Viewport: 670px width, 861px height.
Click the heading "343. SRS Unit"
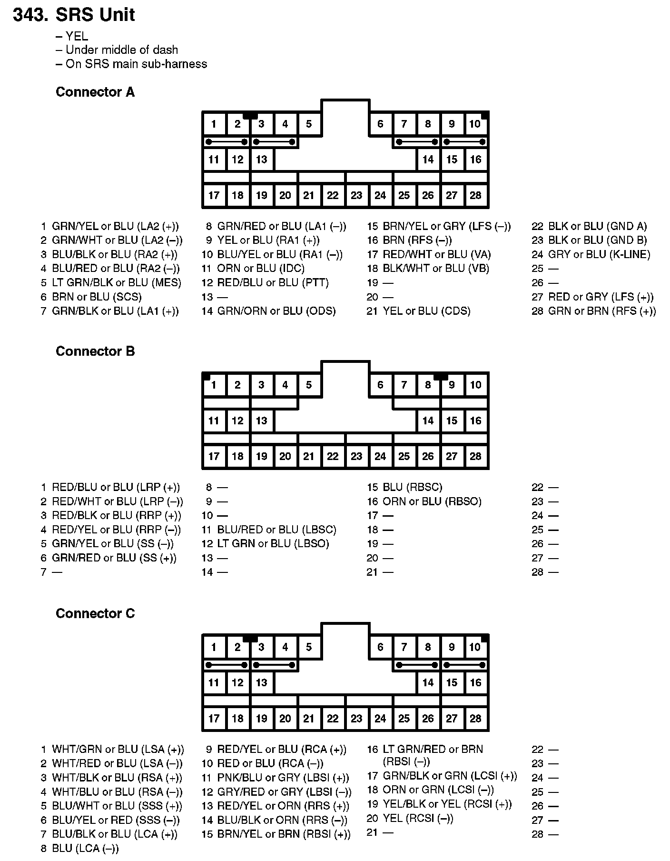tap(74, 15)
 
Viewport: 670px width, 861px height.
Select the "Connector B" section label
tap(95, 351)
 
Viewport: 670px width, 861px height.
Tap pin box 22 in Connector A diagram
tap(333, 195)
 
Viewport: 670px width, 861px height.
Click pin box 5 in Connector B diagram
tap(309, 385)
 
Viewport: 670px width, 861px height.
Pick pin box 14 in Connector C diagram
tap(428, 682)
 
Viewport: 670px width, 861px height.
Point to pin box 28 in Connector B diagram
tap(475, 456)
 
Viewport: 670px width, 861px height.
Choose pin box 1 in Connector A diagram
tap(214, 124)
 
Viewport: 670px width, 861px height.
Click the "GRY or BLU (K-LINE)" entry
tap(599, 254)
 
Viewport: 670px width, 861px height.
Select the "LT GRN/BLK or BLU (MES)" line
tap(117, 282)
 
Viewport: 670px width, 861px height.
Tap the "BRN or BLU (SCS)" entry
tap(97, 297)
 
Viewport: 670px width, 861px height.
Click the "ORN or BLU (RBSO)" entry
tap(432, 501)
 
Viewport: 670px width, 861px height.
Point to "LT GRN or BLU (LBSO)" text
tap(273, 544)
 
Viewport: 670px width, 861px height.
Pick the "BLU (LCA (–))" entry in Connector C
tap(85, 848)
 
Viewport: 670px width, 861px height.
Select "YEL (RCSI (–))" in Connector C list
tap(418, 819)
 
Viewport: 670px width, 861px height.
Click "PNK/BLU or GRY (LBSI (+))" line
tap(283, 778)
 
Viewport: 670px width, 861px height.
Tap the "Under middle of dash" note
tap(121, 50)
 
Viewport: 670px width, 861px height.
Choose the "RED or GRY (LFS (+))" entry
tap(601, 297)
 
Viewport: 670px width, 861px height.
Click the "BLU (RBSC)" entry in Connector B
tap(412, 487)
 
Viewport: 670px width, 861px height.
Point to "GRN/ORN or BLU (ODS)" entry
tap(276, 311)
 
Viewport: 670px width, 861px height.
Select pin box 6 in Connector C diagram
tap(380, 647)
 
